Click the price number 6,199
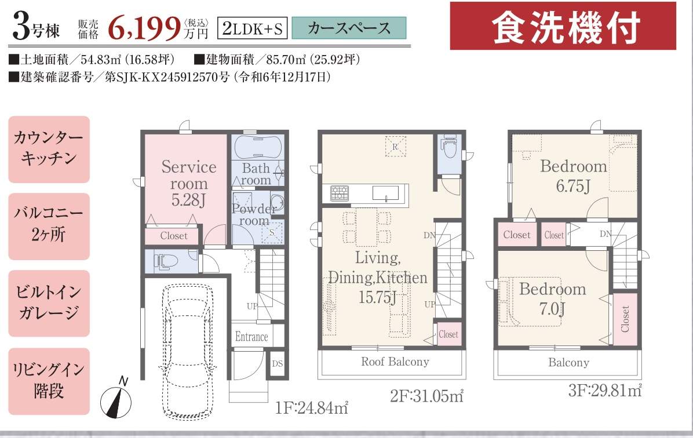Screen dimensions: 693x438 coord(144,27)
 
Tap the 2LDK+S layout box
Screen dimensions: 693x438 coord(253,28)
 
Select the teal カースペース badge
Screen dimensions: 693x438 coord(349,28)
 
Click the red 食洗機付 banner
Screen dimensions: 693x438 coord(563,26)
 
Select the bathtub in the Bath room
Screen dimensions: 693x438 coord(258,147)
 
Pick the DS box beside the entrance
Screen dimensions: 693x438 coord(277,364)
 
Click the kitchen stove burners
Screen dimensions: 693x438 coord(340,194)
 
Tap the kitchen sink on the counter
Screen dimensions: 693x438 coord(385,194)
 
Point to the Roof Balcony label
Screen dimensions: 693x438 coord(395,362)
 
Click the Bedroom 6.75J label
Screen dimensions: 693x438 coord(574,176)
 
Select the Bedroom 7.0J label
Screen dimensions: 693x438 coord(552,298)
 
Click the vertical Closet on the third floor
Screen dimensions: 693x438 coord(625,319)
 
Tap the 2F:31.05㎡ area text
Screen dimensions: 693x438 coord(426,396)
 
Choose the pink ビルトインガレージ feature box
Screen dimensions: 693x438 coord(49,303)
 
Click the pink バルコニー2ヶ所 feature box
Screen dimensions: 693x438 coord(49,226)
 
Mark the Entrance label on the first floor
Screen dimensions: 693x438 coord(251,337)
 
